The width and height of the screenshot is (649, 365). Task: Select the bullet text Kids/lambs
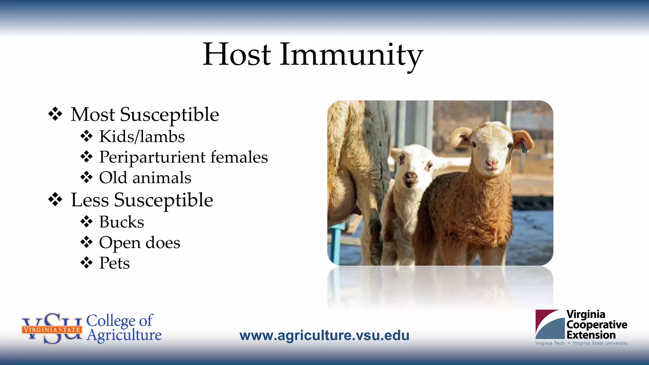[142, 137]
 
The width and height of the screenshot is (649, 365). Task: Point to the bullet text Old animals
[145, 177]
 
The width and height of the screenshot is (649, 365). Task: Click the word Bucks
[121, 222]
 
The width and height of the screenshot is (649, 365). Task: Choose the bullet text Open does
[139, 243]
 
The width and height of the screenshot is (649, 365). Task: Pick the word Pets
[114, 263]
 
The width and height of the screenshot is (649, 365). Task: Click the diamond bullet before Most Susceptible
[55, 114]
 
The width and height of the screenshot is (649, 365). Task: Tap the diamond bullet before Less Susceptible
[55, 200]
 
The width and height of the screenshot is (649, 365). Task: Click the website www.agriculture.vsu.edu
[324, 335]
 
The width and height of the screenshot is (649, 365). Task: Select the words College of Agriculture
[124, 328]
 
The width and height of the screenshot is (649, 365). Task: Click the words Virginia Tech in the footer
[550, 343]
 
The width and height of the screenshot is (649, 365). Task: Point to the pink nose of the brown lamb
[492, 163]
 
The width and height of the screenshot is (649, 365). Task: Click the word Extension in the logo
[591, 335]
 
